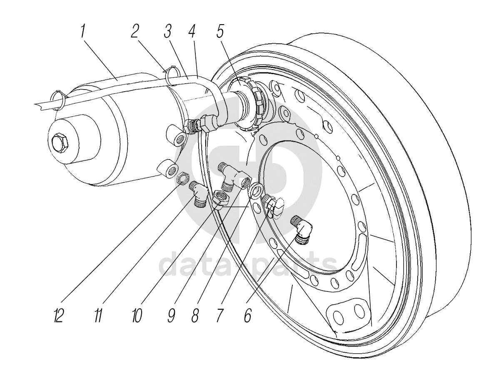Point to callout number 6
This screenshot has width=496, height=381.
[248, 316]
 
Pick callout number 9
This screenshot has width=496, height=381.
[171, 316]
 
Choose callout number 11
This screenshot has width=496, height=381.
[98, 316]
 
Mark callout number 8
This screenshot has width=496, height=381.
[194, 316]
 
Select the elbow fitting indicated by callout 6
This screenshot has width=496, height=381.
[303, 229]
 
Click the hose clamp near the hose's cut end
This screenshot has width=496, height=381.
[59, 100]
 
